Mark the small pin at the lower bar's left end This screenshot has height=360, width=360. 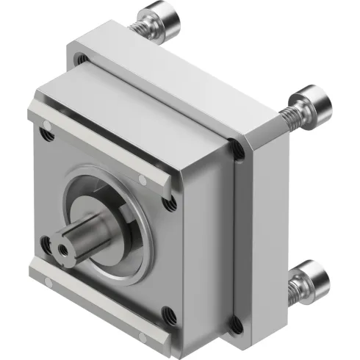tap(34, 273)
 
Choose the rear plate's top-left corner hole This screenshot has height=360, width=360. tap(82, 57)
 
